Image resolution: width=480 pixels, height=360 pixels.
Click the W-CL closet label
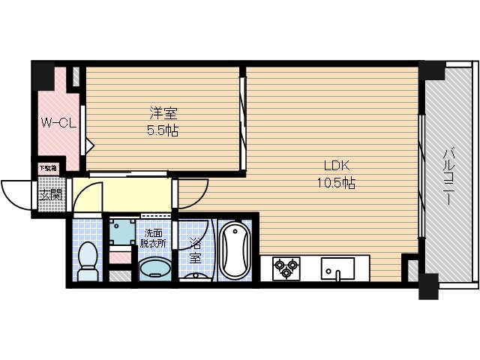(x=57, y=123)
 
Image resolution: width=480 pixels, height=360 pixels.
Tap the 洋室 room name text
(x=162, y=114)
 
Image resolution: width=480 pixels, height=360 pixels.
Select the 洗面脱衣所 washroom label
(x=155, y=237)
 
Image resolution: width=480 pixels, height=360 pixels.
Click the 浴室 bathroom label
(x=195, y=250)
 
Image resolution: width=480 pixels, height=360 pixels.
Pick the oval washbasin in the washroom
(x=155, y=268)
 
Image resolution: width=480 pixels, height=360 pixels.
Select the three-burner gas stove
(x=286, y=268)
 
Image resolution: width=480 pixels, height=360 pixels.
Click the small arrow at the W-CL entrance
(x=88, y=145)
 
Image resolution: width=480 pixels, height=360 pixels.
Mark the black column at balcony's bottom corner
(x=427, y=286)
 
